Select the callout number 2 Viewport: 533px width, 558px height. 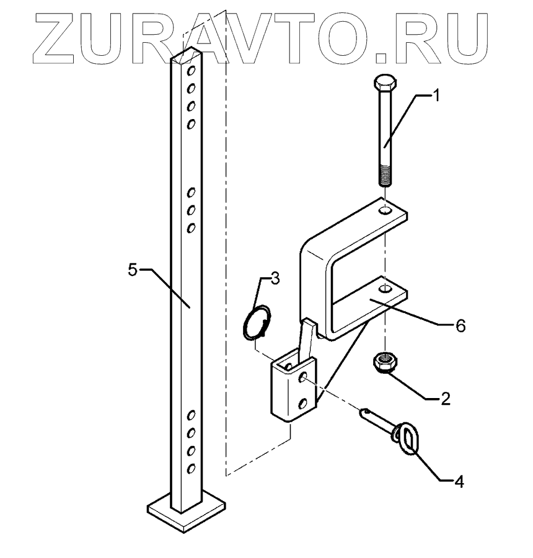pyautogui.click(x=445, y=399)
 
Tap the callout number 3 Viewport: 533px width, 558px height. pyautogui.click(x=275, y=278)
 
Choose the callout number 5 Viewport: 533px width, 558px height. pyautogui.click(x=132, y=272)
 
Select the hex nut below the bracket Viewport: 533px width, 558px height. pyautogui.click(x=385, y=363)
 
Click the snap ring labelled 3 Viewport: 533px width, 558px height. pyautogui.click(x=257, y=323)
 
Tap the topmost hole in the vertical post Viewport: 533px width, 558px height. pyautogui.click(x=193, y=69)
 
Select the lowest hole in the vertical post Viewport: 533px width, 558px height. pyautogui.click(x=192, y=467)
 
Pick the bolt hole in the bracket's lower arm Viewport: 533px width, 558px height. pyautogui.click(x=385, y=288)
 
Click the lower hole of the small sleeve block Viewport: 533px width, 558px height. pyautogui.click(x=304, y=404)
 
